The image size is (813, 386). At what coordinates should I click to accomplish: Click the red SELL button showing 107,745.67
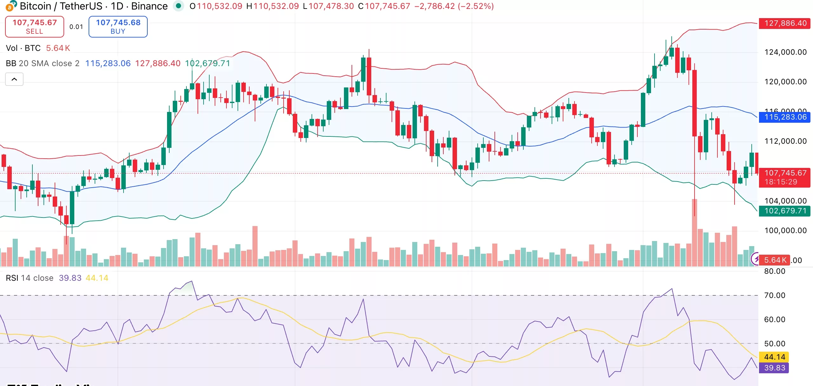pyautogui.click(x=34, y=27)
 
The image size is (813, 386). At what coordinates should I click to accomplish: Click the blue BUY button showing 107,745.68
pyautogui.click(x=118, y=27)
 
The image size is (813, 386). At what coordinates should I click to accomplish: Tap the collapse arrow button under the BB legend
pyautogui.click(x=14, y=79)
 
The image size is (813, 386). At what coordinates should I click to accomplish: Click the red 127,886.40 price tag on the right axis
pyautogui.click(x=785, y=23)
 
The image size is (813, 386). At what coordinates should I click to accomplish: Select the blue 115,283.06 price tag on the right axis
pyautogui.click(x=785, y=117)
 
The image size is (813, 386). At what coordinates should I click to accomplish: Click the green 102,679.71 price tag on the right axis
pyautogui.click(x=785, y=211)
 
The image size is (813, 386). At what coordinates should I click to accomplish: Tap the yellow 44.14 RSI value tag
pyautogui.click(x=774, y=357)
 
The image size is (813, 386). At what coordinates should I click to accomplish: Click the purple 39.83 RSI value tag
pyautogui.click(x=774, y=368)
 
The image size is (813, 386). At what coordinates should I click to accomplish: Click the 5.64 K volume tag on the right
pyautogui.click(x=775, y=260)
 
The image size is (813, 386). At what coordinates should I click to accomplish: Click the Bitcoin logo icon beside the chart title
pyautogui.click(x=11, y=6)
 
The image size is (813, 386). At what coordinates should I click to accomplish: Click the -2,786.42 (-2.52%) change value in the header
pyautogui.click(x=454, y=6)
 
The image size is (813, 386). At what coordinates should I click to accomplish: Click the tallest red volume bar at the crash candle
pyautogui.click(x=695, y=232)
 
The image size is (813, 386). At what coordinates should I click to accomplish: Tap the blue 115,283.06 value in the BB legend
pyautogui.click(x=108, y=63)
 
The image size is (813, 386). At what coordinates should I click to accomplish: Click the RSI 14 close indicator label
pyautogui.click(x=29, y=278)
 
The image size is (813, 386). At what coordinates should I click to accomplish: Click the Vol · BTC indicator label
pyautogui.click(x=23, y=48)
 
